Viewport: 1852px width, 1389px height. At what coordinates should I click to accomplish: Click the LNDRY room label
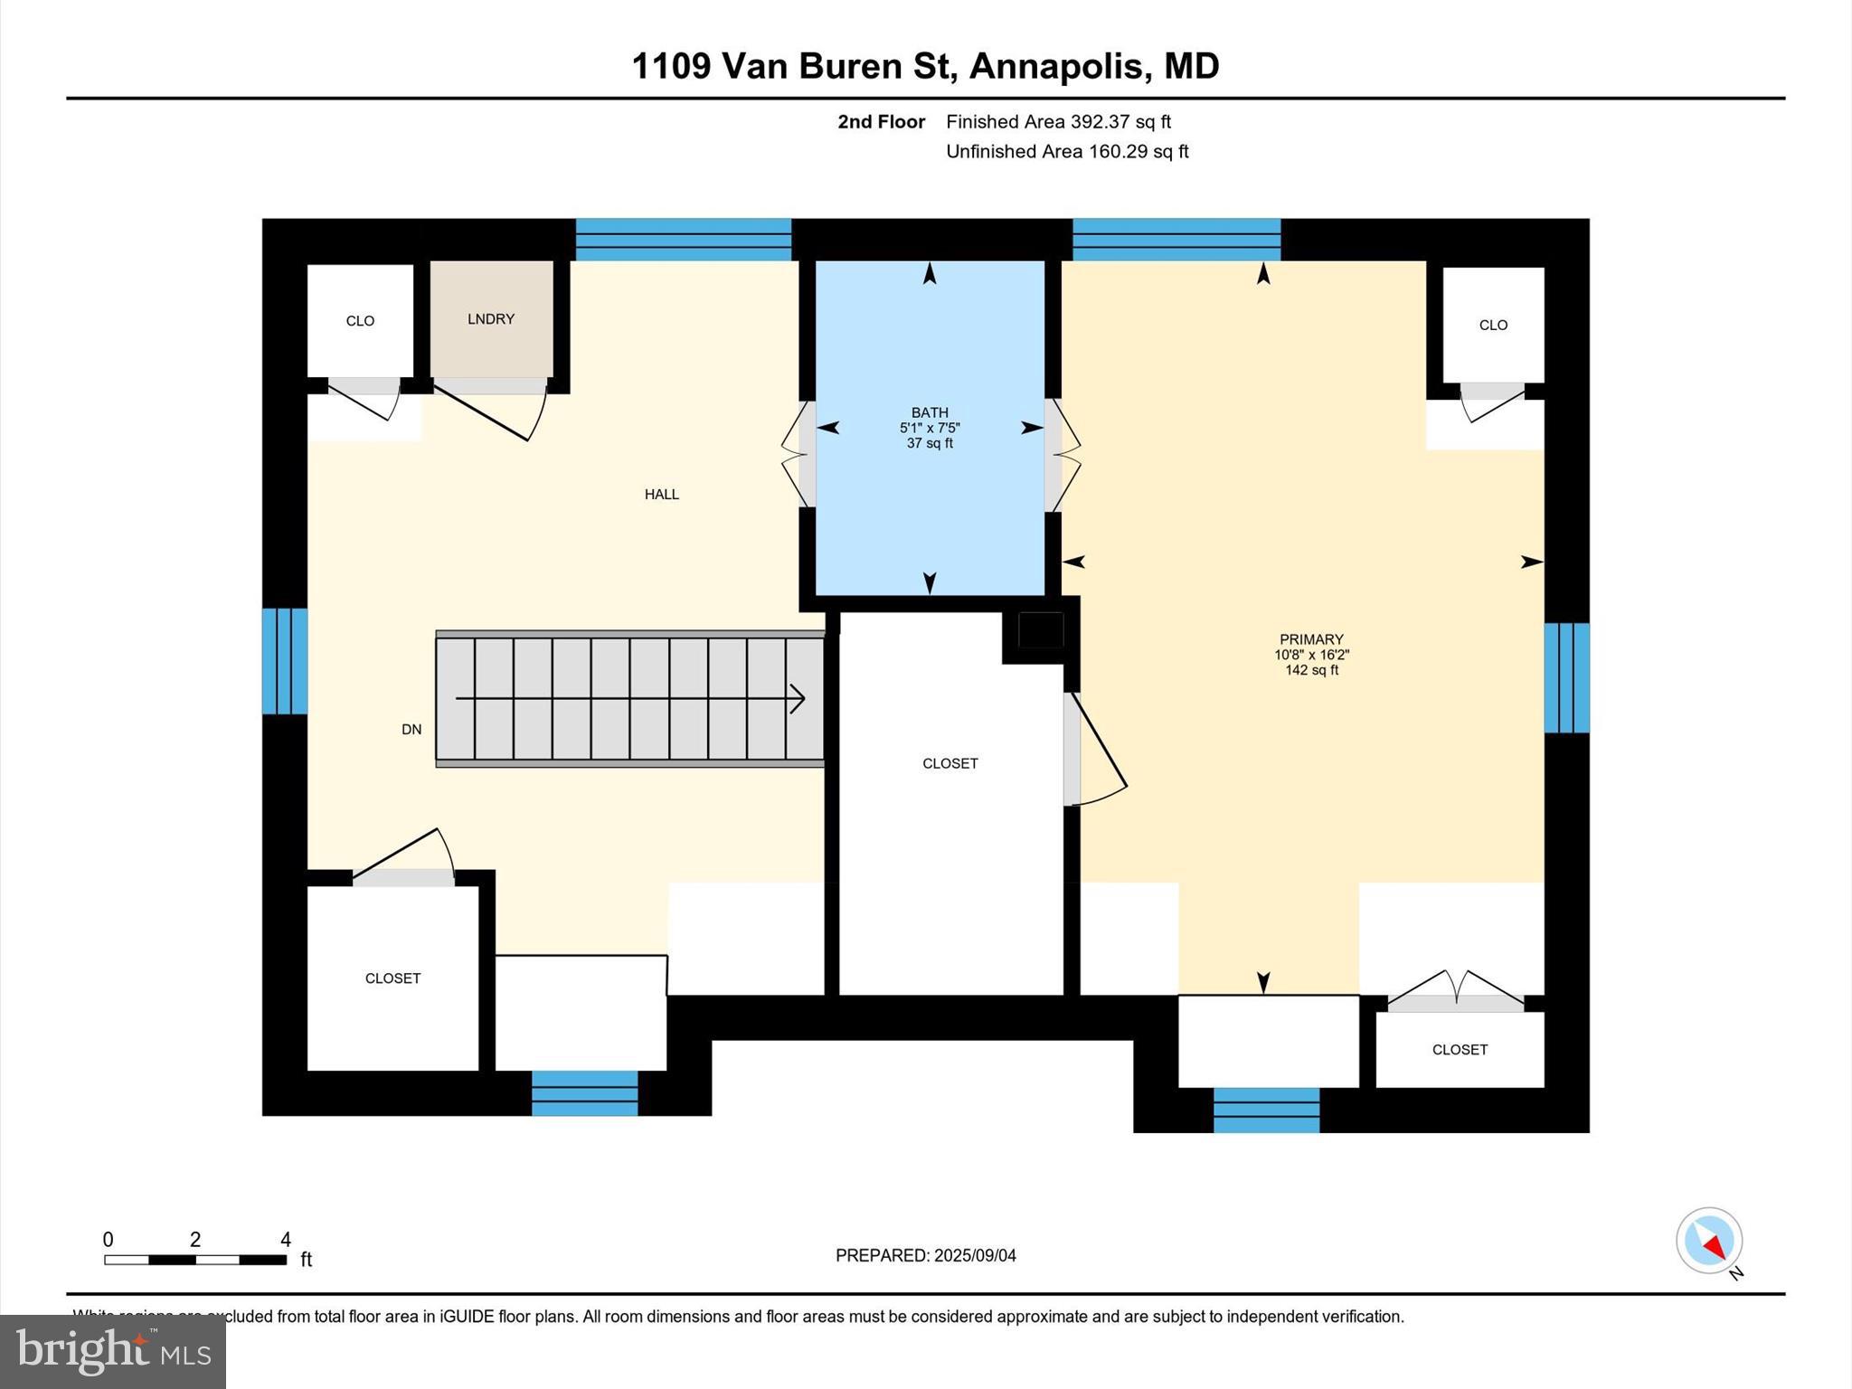[491, 319]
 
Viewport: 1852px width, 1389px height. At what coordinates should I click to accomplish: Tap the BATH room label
[930, 412]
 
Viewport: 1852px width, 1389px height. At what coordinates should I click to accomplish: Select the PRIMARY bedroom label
[1311, 639]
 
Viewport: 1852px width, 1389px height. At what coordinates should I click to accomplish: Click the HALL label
[661, 495]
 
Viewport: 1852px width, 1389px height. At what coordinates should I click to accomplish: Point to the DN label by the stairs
[411, 730]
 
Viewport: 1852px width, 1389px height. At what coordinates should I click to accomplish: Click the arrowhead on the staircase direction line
[798, 698]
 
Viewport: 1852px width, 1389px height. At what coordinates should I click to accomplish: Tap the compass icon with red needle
[1708, 1241]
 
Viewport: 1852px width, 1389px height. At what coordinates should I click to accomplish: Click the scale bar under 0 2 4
[195, 1260]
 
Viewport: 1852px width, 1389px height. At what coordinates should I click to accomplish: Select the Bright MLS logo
[113, 1352]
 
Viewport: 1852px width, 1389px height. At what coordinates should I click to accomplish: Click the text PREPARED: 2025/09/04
[925, 1255]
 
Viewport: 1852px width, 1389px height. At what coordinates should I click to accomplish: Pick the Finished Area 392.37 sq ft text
[1058, 122]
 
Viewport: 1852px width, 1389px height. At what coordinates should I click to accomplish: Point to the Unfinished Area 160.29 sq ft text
[1067, 152]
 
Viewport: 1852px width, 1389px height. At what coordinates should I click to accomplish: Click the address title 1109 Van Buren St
[925, 66]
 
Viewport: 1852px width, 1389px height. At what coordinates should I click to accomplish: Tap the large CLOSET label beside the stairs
[950, 764]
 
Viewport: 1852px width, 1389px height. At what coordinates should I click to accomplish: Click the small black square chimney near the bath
[1041, 629]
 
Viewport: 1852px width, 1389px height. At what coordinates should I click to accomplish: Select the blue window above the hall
[684, 240]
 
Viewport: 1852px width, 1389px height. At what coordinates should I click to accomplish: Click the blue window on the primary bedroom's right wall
[1566, 677]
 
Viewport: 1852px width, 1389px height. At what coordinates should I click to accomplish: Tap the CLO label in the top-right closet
[1493, 326]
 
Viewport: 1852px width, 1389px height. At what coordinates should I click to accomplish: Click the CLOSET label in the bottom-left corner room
[392, 978]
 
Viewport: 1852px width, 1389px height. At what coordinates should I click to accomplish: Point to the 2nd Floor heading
[881, 122]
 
